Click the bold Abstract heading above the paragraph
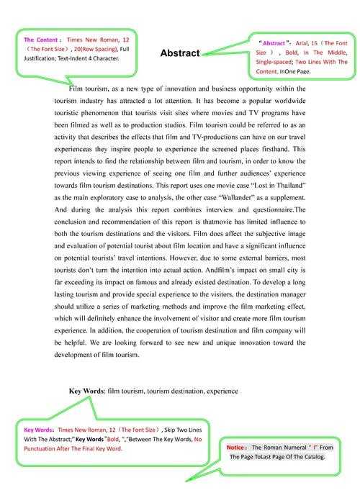179,53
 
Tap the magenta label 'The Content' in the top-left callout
40,40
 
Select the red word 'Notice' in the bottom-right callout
237,448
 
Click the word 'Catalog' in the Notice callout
310,457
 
